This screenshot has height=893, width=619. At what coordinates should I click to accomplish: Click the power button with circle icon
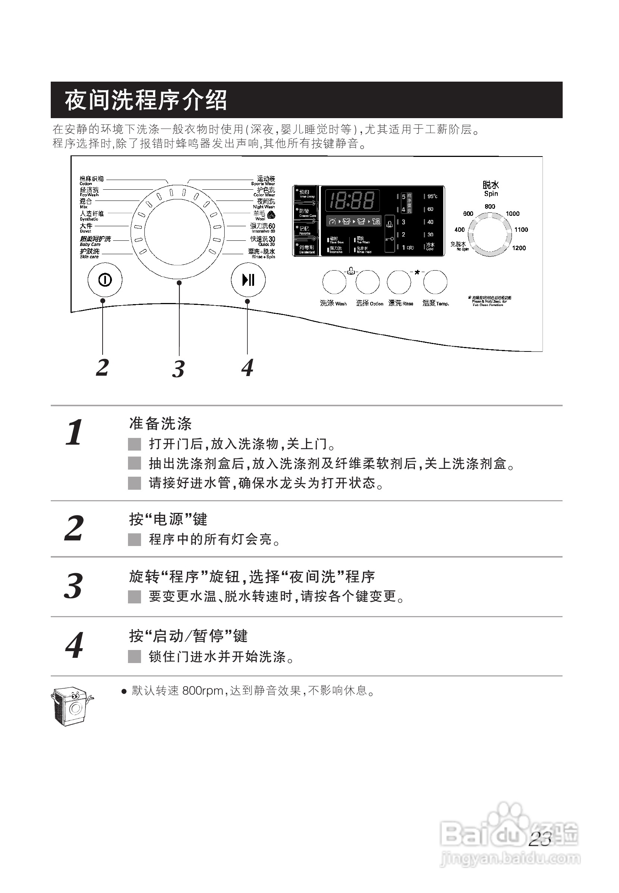(105, 280)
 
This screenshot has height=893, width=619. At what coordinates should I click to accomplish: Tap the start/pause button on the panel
(248, 280)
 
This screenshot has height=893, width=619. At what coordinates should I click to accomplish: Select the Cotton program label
(91, 180)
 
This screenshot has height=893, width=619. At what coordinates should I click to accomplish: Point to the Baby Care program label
(95, 241)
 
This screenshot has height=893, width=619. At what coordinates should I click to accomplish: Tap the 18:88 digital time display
(352, 201)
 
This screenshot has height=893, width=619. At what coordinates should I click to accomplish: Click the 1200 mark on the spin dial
(519, 248)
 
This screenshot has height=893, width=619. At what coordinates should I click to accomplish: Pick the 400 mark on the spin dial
(460, 230)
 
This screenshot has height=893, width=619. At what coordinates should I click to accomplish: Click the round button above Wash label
(334, 282)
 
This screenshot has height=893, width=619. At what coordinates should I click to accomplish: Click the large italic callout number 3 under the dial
(178, 369)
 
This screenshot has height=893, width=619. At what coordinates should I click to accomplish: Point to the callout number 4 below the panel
(247, 367)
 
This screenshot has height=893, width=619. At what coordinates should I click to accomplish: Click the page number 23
(540, 839)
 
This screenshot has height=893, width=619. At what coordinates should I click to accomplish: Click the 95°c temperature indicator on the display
(432, 196)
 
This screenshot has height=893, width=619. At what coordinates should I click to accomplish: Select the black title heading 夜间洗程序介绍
(146, 100)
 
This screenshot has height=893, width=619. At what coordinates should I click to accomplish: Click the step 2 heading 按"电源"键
(168, 519)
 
